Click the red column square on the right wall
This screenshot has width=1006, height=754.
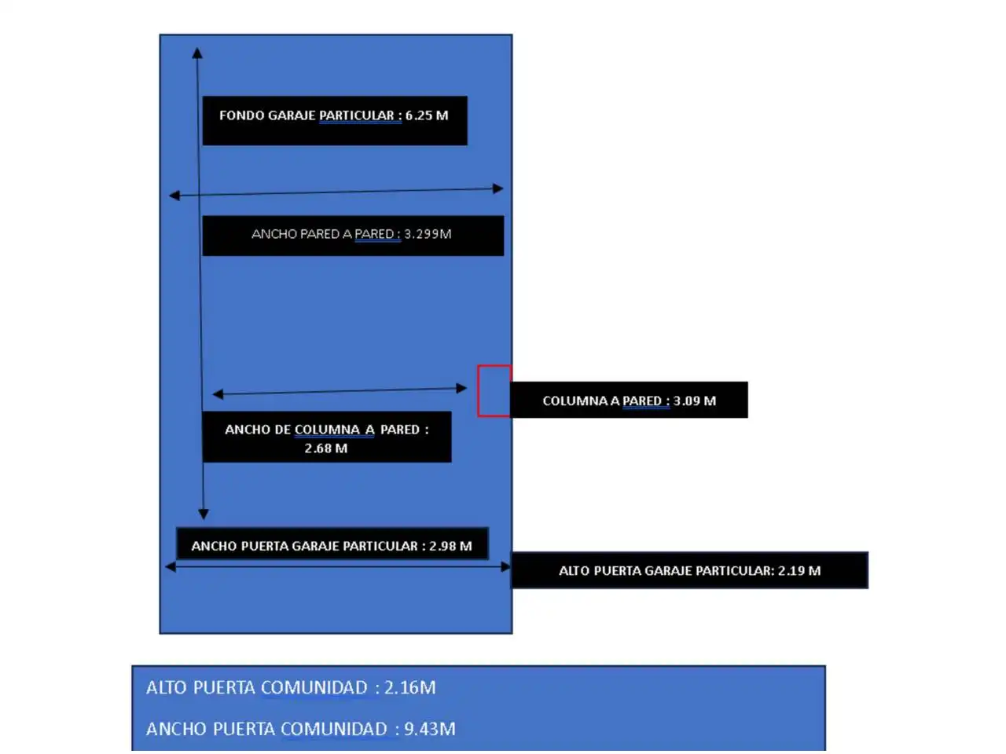coord(494,391)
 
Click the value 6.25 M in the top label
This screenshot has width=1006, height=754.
coord(426,115)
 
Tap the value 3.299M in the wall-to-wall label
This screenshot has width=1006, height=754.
coord(428,234)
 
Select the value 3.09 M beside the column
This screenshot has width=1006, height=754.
coord(694,401)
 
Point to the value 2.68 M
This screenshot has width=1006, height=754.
coord(326,448)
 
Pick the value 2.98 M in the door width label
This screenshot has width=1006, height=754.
coord(450,546)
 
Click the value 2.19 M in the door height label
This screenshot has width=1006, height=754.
coord(799,570)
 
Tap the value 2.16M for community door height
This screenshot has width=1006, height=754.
coord(409,687)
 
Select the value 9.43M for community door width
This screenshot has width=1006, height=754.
coord(429,729)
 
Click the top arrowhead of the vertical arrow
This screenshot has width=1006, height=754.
coord(197,53)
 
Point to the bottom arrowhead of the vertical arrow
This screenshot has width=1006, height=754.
coord(204,514)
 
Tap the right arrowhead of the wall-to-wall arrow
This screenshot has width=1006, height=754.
coord(498,188)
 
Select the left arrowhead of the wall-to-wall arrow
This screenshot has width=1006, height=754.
coord(174,196)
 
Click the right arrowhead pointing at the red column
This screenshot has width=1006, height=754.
coord(461,389)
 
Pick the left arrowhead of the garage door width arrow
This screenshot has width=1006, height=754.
coord(171,567)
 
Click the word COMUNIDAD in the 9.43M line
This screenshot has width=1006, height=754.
coord(334,729)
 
